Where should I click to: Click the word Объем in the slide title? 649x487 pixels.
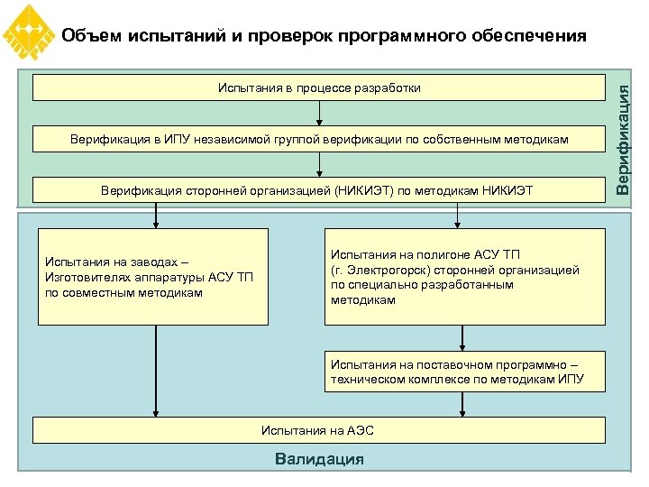(93, 36)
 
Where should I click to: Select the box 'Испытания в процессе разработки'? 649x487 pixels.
(319, 87)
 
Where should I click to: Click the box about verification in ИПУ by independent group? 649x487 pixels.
(319, 140)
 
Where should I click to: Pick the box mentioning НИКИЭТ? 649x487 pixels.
(319, 190)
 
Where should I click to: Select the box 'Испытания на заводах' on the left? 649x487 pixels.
(153, 277)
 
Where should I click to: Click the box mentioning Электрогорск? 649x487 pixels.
(464, 277)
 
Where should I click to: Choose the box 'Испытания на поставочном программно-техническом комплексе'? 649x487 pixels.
(464, 372)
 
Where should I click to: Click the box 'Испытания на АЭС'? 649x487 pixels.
(319, 430)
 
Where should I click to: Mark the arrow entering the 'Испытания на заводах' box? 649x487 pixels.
(156, 216)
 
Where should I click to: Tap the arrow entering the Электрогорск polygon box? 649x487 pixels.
(458, 216)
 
